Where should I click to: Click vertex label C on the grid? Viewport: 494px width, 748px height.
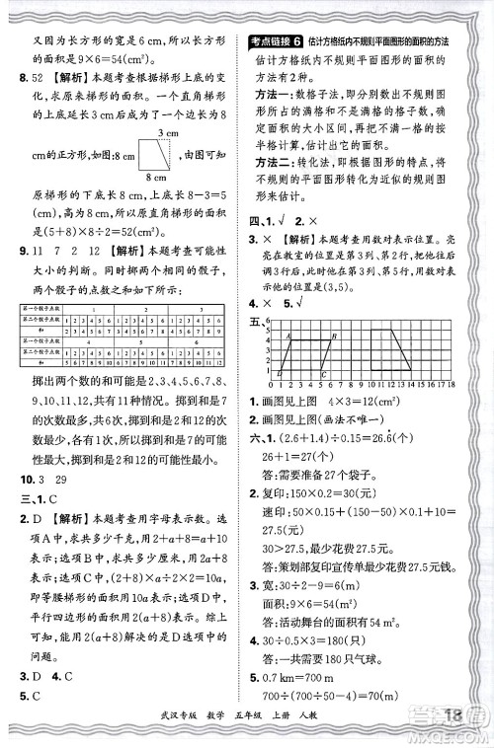click(322, 374)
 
